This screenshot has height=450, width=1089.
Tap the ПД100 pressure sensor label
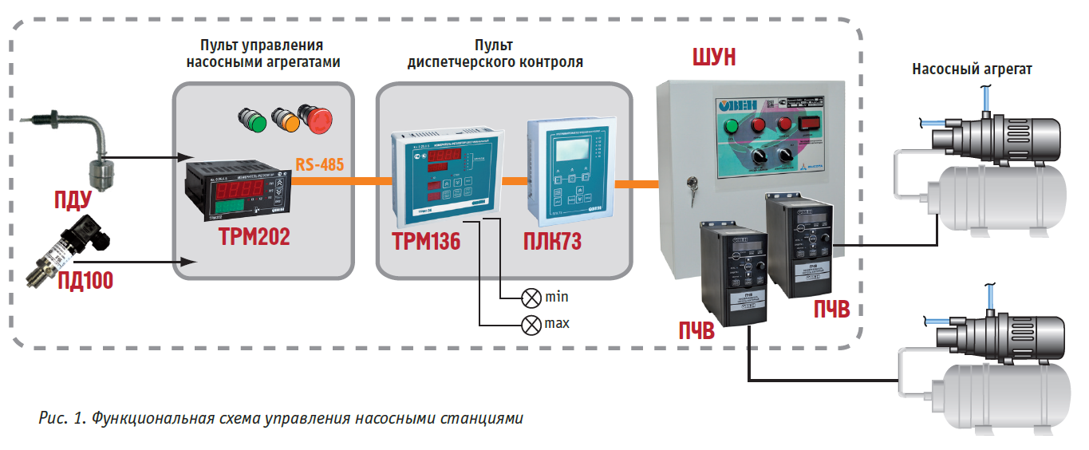click(85, 280)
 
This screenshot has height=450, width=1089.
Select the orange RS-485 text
click(319, 165)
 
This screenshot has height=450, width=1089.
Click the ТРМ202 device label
click(253, 237)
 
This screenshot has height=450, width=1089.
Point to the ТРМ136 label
click(426, 241)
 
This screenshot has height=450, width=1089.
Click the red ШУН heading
click(712, 59)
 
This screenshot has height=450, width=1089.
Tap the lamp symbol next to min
click(531, 298)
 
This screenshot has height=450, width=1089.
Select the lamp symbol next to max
click(531, 325)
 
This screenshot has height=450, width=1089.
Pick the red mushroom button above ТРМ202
click(318, 119)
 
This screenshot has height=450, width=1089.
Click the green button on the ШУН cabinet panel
click(732, 126)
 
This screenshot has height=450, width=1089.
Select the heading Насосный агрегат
click(972, 69)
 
